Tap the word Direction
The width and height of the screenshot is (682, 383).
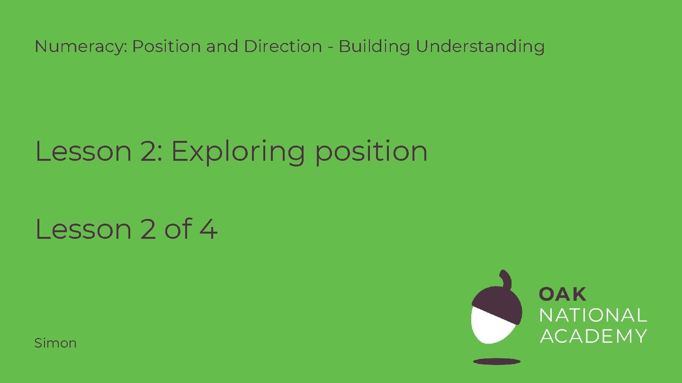click(x=283, y=47)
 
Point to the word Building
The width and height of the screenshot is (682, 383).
click(x=376, y=47)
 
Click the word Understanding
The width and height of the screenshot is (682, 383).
click(x=480, y=47)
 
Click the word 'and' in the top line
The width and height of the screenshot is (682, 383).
click(x=224, y=47)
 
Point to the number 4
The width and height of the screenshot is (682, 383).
click(x=208, y=229)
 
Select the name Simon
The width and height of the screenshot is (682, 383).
click(x=55, y=343)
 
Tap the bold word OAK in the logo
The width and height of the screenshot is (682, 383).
click(x=563, y=294)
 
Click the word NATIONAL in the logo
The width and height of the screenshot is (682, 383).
click(x=593, y=315)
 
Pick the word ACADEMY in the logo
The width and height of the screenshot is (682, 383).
click(x=593, y=336)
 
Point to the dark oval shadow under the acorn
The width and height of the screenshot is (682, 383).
click(x=497, y=362)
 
